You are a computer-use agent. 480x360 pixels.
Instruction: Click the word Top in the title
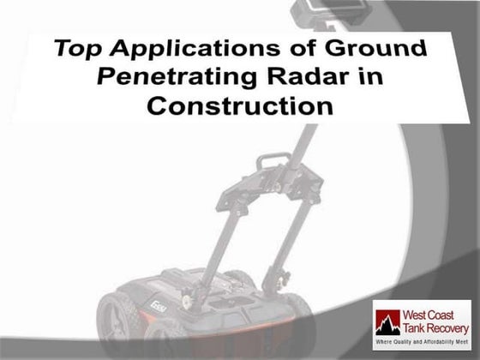coord(75,48)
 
